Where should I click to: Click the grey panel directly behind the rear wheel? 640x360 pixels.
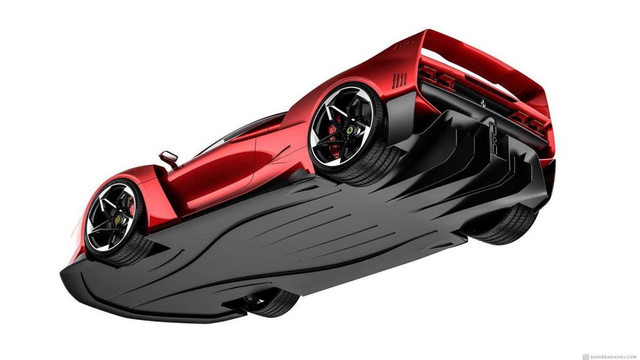coord(405,115)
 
